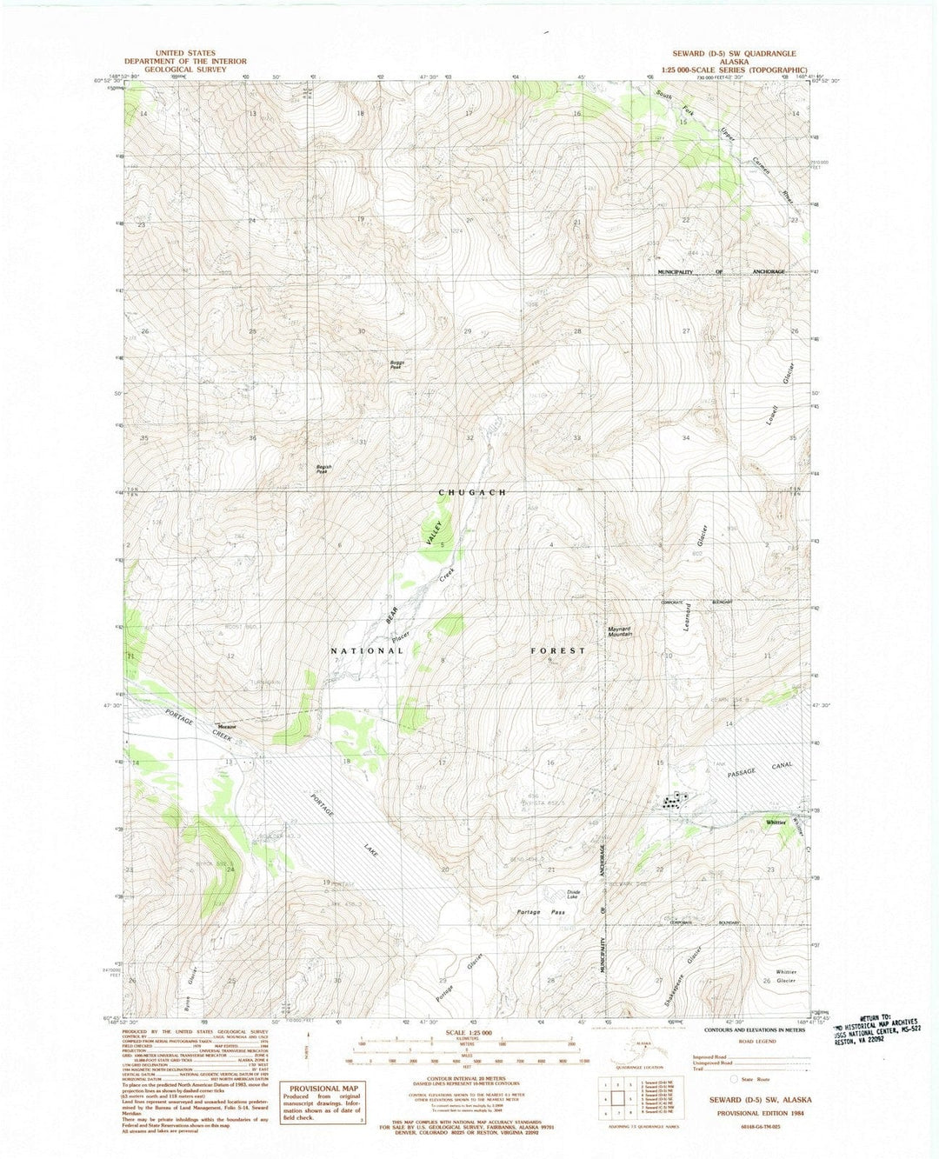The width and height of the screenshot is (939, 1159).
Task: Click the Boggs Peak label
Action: (396, 365)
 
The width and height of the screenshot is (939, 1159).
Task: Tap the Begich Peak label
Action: (323, 469)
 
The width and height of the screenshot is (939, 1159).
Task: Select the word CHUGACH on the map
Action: (471, 492)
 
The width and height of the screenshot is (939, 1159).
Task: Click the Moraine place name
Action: (227, 726)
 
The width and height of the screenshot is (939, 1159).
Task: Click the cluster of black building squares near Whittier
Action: (674, 801)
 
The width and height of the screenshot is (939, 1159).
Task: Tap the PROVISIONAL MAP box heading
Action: (324, 1088)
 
